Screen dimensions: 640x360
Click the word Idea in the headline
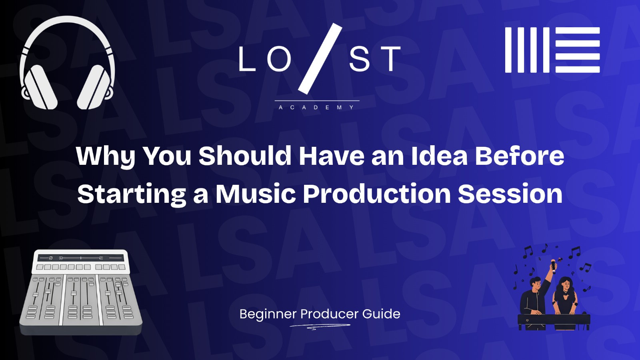point(439,156)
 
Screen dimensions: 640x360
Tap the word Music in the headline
point(256,194)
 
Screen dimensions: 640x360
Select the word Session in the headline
point(510,194)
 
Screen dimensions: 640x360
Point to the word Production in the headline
point(377,194)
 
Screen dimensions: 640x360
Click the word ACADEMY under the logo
point(316,108)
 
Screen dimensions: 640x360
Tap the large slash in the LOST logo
point(320,59)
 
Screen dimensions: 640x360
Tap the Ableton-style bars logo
point(552,50)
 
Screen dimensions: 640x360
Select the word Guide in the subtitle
point(381,314)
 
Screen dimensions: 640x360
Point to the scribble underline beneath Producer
point(320,327)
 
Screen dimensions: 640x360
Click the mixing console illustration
point(81,292)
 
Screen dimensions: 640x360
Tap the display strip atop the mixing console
point(81,258)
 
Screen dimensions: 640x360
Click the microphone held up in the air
point(554,265)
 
